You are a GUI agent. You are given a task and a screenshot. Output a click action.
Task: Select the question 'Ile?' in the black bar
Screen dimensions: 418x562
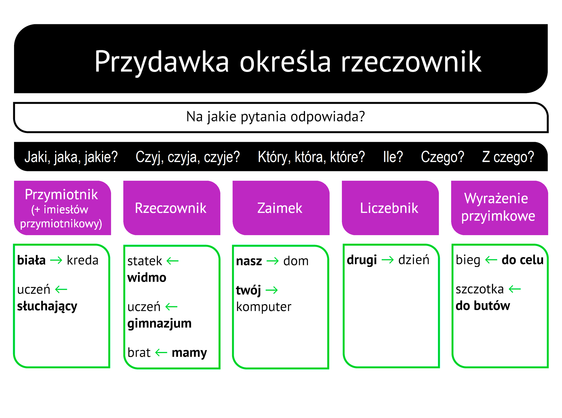click(393, 157)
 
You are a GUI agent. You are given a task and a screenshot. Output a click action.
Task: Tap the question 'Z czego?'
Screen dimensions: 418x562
click(508, 157)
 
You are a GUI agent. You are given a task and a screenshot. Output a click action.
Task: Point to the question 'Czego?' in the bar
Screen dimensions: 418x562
click(442, 157)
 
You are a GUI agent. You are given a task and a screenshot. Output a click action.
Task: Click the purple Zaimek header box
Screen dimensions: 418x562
click(281, 208)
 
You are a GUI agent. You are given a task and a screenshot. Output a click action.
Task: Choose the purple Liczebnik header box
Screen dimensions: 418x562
click(390, 208)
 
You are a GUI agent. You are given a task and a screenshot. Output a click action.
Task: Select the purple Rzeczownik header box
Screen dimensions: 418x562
click(172, 208)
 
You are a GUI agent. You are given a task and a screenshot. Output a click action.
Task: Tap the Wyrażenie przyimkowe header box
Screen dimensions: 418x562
click(499, 207)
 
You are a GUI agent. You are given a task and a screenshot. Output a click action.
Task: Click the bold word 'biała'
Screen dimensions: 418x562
click(31, 260)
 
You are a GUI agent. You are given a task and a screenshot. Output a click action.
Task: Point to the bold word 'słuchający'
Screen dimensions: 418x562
click(47, 306)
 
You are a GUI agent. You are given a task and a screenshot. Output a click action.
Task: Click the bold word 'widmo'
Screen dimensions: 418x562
click(147, 277)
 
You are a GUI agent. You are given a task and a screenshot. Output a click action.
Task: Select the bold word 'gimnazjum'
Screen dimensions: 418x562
click(160, 324)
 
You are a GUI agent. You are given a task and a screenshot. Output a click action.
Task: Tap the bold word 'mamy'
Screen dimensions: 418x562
click(189, 352)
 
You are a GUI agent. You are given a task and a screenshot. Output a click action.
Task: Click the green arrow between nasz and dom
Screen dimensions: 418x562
click(273, 261)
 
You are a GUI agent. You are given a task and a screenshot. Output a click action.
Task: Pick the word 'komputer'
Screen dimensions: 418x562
click(264, 307)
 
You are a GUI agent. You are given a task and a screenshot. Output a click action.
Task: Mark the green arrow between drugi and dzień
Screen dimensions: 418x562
click(388, 260)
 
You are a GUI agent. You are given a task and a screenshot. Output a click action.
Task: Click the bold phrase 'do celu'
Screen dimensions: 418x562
click(522, 260)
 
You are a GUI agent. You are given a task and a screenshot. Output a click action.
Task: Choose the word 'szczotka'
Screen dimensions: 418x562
click(480, 289)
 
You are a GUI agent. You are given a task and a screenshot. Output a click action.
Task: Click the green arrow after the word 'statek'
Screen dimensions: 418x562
click(172, 261)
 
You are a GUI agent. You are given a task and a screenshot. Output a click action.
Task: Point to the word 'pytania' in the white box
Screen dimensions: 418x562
click(263, 117)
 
